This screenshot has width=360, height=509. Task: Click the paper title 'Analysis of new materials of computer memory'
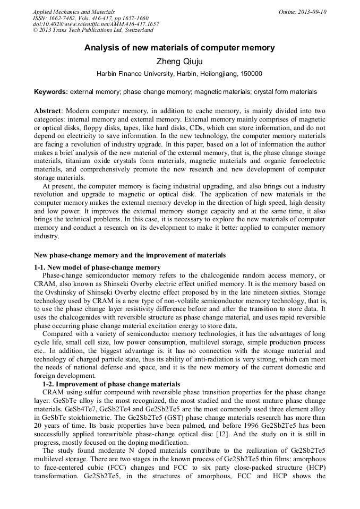click(x=179, y=48)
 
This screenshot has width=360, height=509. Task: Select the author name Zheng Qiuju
click(x=179, y=62)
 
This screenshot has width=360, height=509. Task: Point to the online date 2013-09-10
click(x=313, y=12)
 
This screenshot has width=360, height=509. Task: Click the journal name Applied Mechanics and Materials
click(x=74, y=12)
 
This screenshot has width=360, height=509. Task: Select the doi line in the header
click(x=96, y=24)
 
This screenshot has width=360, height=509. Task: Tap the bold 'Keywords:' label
click(x=51, y=92)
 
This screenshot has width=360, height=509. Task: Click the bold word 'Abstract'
click(x=48, y=110)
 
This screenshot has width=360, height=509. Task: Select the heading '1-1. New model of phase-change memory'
click(x=97, y=267)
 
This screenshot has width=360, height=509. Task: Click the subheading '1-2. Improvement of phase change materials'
click(x=111, y=384)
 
